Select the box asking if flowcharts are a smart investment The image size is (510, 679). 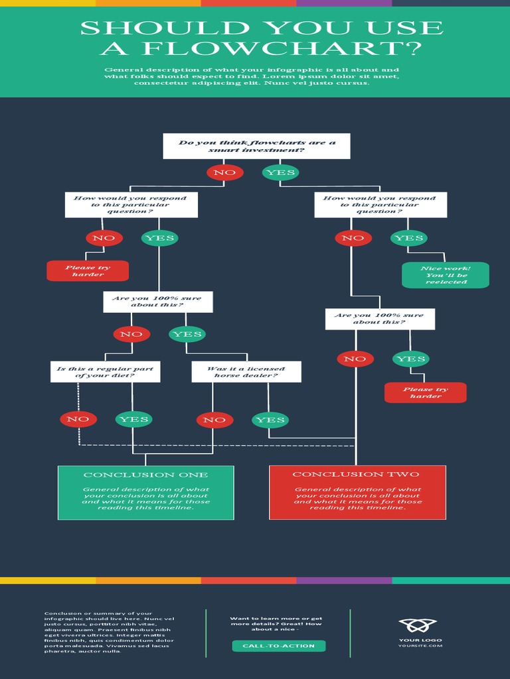click(x=256, y=147)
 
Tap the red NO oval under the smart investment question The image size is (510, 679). click(x=224, y=172)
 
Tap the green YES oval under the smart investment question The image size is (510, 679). click(x=280, y=172)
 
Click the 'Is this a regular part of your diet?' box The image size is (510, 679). click(x=105, y=372)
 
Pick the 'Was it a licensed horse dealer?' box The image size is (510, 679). click(x=246, y=372)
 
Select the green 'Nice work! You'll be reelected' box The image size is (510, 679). click(x=446, y=275)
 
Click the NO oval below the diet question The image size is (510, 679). click(x=78, y=419)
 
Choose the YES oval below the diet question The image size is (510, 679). click(x=133, y=419)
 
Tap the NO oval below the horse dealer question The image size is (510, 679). click(x=214, y=420)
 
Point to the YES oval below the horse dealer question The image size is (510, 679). click(x=270, y=420)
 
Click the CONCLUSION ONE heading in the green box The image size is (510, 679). click(x=145, y=475)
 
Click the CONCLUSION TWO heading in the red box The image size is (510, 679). click(x=356, y=474)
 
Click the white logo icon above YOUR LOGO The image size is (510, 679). click(x=418, y=625)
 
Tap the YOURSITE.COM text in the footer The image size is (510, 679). click(x=420, y=646)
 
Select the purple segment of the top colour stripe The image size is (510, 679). click(x=344, y=3)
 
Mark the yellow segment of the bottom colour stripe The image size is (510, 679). click(x=48, y=580)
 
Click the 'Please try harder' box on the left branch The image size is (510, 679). click(x=88, y=271)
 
